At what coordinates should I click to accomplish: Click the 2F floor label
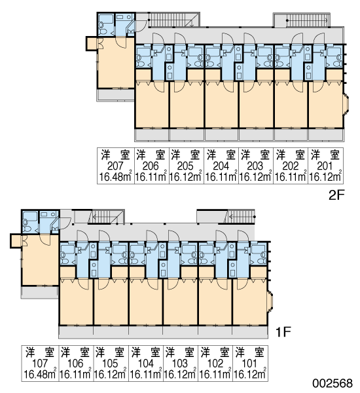336,195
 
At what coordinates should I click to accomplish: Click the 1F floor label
283,332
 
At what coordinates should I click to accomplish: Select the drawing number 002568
333,383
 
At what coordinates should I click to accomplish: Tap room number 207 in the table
115,166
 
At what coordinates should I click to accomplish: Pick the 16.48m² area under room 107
40,375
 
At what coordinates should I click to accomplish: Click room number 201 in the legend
325,166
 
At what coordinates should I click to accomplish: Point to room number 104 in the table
145,363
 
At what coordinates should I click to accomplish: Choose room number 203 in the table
255,166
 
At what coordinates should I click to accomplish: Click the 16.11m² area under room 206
151,177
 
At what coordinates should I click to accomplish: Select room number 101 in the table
249,363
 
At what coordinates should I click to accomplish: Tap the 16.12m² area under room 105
110,375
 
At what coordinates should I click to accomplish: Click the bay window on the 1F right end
270,302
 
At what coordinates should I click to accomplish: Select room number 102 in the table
215,363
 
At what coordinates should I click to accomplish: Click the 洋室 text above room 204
221,155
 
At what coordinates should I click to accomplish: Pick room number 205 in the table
186,166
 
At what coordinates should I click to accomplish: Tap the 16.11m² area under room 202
291,177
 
